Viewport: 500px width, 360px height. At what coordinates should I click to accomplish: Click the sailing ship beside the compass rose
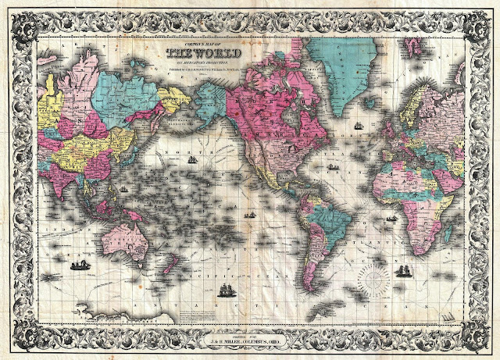pos(404,271)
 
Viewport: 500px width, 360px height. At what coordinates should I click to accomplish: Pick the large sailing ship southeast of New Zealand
pos(226,293)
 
